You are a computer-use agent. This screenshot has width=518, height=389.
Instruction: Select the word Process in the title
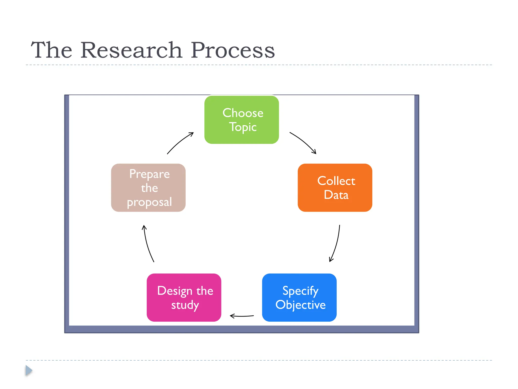pyautogui.click(x=232, y=50)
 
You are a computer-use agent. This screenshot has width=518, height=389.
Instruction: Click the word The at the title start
pyautogui.click(x=52, y=50)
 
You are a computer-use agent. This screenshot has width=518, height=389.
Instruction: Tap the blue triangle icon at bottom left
pyautogui.click(x=29, y=371)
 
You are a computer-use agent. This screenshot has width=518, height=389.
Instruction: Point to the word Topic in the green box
pyautogui.click(x=243, y=127)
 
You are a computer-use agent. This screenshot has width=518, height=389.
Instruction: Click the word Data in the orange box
pyautogui.click(x=336, y=195)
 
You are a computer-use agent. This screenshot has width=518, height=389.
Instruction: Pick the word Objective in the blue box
pyautogui.click(x=300, y=305)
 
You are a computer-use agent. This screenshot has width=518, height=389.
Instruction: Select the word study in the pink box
pyautogui.click(x=185, y=305)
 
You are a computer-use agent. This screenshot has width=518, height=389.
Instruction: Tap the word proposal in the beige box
pyautogui.click(x=149, y=202)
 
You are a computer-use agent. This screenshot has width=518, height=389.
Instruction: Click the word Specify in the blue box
pyautogui.click(x=300, y=291)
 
